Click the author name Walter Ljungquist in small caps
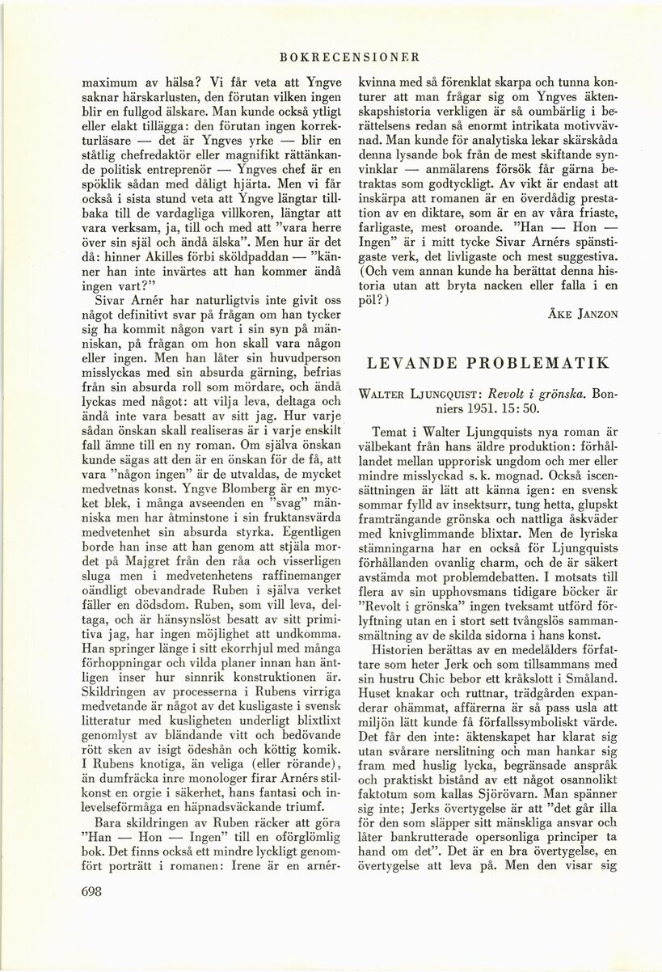point(420,397)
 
